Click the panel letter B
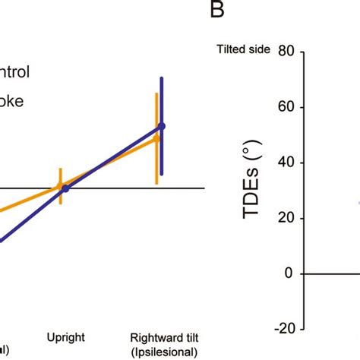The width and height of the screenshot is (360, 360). point(218,11)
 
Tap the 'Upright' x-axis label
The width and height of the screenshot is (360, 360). point(65,336)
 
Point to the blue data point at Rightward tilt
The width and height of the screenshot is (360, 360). point(161,126)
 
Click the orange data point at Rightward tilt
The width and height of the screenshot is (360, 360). point(156,138)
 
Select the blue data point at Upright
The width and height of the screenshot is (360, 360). point(65,188)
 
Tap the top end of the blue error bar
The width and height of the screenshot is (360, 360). point(161,78)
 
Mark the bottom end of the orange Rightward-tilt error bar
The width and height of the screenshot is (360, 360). point(156,183)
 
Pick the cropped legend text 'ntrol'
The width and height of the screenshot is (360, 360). point(14,73)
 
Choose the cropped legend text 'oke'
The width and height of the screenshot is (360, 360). point(12,100)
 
